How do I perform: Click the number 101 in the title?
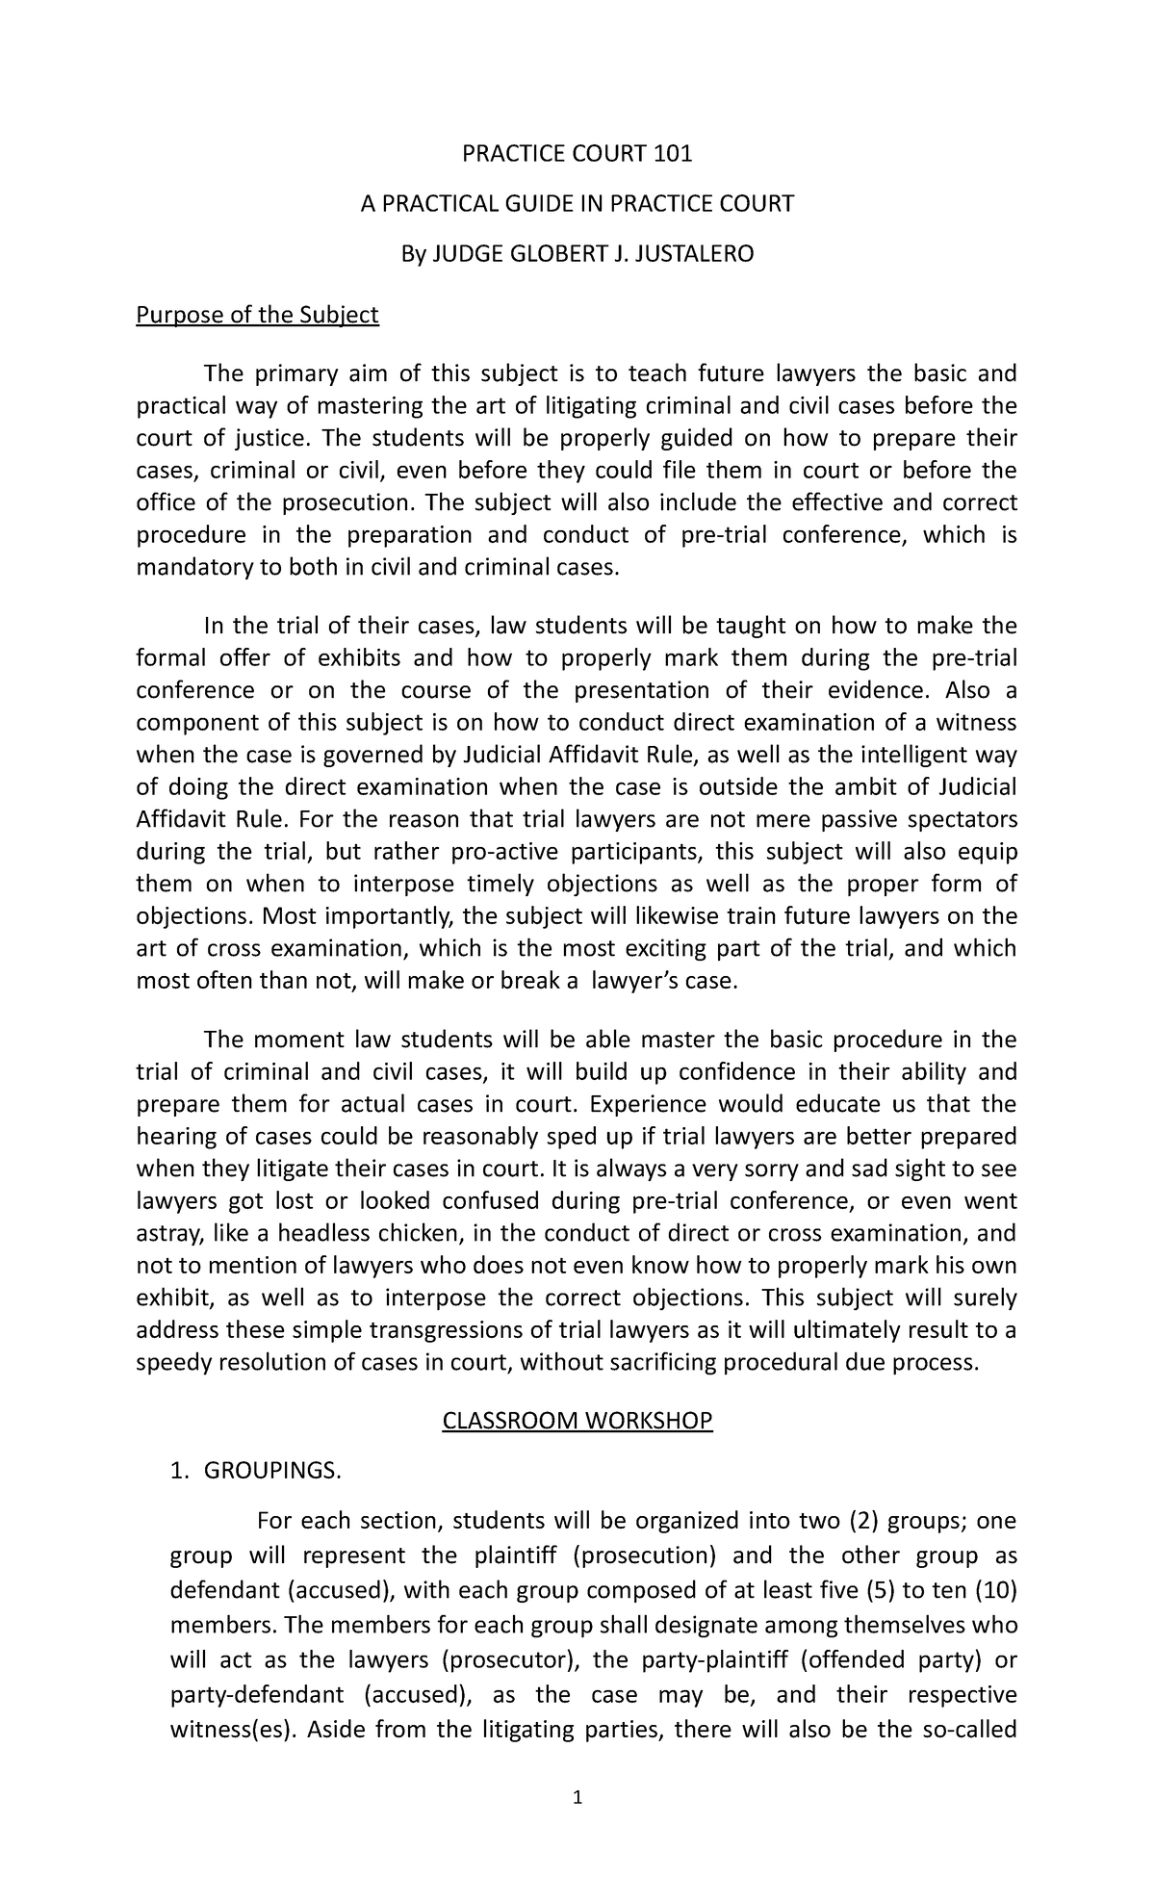tap(673, 153)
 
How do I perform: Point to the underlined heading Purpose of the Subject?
tap(258, 315)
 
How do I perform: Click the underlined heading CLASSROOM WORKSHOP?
tap(577, 1421)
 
